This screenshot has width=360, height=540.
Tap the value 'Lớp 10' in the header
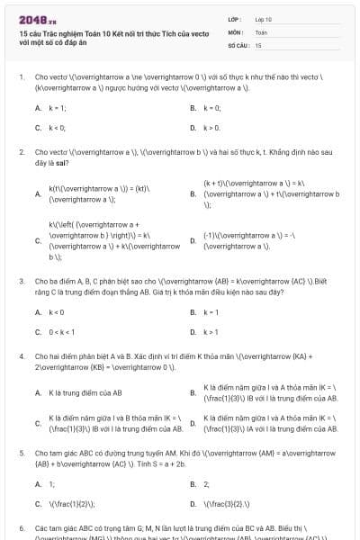click(x=264, y=18)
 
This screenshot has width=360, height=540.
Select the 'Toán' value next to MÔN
click(x=261, y=31)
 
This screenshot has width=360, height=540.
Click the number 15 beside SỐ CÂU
click(x=258, y=44)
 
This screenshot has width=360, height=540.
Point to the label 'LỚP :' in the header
click(x=235, y=18)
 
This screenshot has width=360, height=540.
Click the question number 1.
click(x=22, y=77)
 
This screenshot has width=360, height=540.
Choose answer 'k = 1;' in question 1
click(x=58, y=107)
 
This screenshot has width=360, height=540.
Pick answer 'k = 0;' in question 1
click(x=211, y=107)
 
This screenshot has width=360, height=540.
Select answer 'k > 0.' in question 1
click(x=211, y=128)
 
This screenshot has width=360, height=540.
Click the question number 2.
click(x=22, y=153)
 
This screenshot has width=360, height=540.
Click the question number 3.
click(x=22, y=281)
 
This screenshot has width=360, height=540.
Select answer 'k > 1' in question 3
click(x=211, y=331)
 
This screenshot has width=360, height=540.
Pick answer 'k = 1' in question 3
click(x=211, y=311)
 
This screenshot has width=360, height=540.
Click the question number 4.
click(x=22, y=356)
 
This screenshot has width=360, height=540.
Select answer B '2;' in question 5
click(x=206, y=483)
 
